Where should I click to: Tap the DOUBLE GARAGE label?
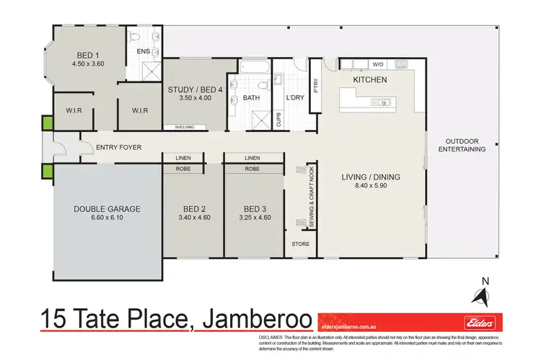(x=107, y=209)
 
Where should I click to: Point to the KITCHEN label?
(x=369, y=79)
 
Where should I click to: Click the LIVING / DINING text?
(x=370, y=177)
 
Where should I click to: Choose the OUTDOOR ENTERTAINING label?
(x=462, y=145)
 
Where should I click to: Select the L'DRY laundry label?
(x=294, y=97)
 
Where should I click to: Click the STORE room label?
(x=301, y=244)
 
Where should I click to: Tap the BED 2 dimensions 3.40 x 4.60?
(x=193, y=218)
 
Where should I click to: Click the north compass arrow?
(x=479, y=294)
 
